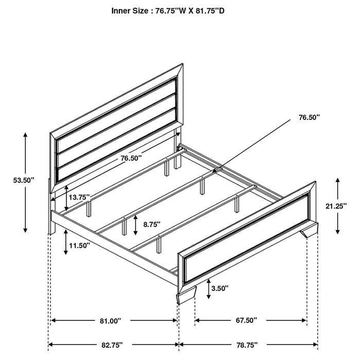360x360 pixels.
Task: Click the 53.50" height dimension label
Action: pyautogui.click(x=24, y=181)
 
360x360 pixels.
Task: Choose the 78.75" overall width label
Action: pyautogui.click(x=246, y=344)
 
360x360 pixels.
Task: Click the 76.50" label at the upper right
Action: pyautogui.click(x=309, y=117)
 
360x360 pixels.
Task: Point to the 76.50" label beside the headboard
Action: pyautogui.click(x=131, y=159)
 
